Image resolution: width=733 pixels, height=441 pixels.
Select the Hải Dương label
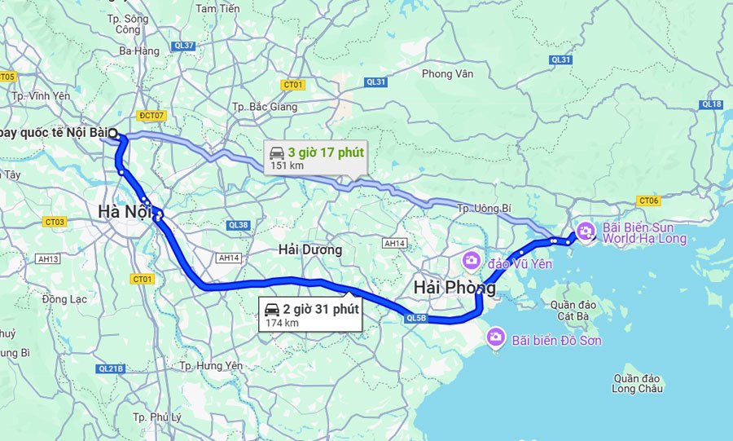click(x=309, y=249)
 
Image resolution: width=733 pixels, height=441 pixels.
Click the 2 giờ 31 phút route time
click(x=321, y=309)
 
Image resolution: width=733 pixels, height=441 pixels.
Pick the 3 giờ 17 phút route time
click(x=326, y=152)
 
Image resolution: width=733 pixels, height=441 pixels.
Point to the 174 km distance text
click(x=282, y=323)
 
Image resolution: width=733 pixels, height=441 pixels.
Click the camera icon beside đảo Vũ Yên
click(x=471, y=261)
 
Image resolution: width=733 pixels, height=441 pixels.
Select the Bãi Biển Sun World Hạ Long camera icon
click(x=585, y=232)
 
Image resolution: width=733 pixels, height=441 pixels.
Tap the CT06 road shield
click(x=649, y=201)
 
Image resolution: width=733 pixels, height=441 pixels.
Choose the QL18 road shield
click(x=711, y=104)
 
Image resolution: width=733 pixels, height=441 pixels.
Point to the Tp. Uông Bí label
click(x=484, y=209)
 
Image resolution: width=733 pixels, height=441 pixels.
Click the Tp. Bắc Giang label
click(x=260, y=108)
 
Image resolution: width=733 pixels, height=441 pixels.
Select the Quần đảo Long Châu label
click(x=639, y=383)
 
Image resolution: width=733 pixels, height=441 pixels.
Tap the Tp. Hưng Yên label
click(x=211, y=366)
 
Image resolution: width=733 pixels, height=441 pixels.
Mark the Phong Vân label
click(x=447, y=74)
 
